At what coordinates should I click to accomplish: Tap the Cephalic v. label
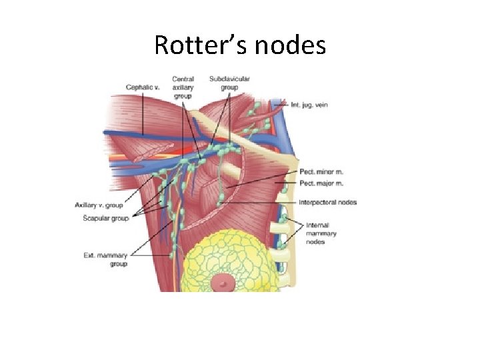pyautogui.click(x=143, y=87)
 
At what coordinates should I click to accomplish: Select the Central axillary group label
pyautogui.click(x=183, y=87)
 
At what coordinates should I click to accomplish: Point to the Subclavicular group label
pyautogui.click(x=229, y=83)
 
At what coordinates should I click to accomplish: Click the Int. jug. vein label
pyautogui.click(x=309, y=105)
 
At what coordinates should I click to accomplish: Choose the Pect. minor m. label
pyautogui.click(x=321, y=171)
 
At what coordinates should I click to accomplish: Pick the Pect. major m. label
pyautogui.click(x=321, y=183)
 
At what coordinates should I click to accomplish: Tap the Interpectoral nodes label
pyautogui.click(x=328, y=202)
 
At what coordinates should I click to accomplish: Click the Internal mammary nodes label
pyautogui.click(x=321, y=233)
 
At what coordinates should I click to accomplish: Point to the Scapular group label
pyautogui.click(x=106, y=217)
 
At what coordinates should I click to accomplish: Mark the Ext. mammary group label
pyautogui.click(x=106, y=259)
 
